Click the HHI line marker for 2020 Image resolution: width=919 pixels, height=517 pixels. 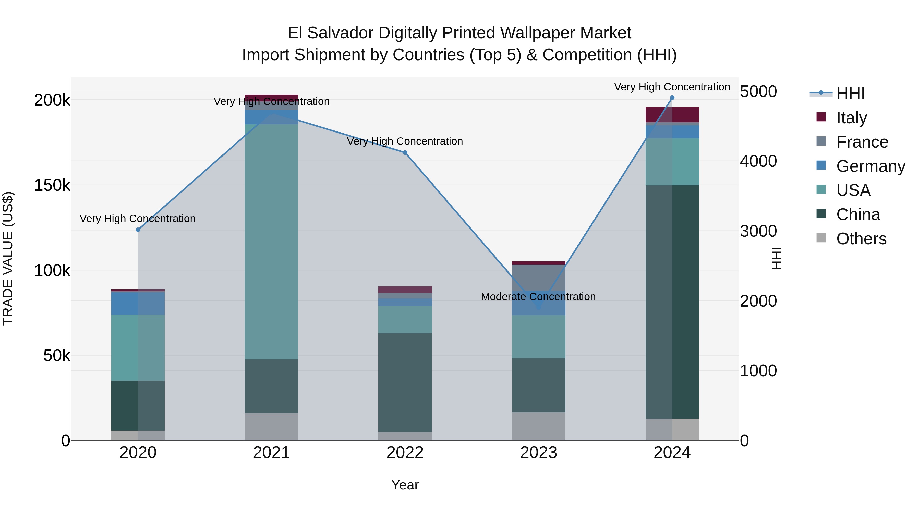pyautogui.click(x=138, y=230)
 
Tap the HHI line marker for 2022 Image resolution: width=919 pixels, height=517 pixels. pyautogui.click(x=405, y=153)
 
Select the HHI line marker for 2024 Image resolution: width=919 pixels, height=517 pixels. pyautogui.click(x=672, y=98)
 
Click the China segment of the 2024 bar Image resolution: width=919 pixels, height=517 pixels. pyautogui.click(x=672, y=302)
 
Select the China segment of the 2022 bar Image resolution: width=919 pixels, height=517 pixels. pyautogui.click(x=405, y=382)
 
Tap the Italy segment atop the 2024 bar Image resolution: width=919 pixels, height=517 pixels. pyautogui.click(x=672, y=115)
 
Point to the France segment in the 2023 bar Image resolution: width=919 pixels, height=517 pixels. pyautogui.click(x=539, y=278)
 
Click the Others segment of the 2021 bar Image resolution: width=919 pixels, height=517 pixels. pyautogui.click(x=272, y=426)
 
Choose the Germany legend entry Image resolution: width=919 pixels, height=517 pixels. pyautogui.click(x=870, y=166)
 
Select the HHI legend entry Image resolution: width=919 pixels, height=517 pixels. pyautogui.click(x=850, y=93)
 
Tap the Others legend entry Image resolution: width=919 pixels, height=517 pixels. pyautogui.click(x=861, y=239)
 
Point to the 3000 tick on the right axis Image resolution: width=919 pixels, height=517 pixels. pyautogui.click(x=758, y=231)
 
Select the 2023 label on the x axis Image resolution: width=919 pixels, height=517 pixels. pyautogui.click(x=538, y=453)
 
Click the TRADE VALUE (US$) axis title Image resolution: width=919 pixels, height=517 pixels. pyautogui.click(x=8, y=258)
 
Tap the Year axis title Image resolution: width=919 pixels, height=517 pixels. pyautogui.click(x=405, y=485)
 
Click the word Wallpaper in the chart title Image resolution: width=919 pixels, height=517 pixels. pyautogui.click(x=538, y=33)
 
